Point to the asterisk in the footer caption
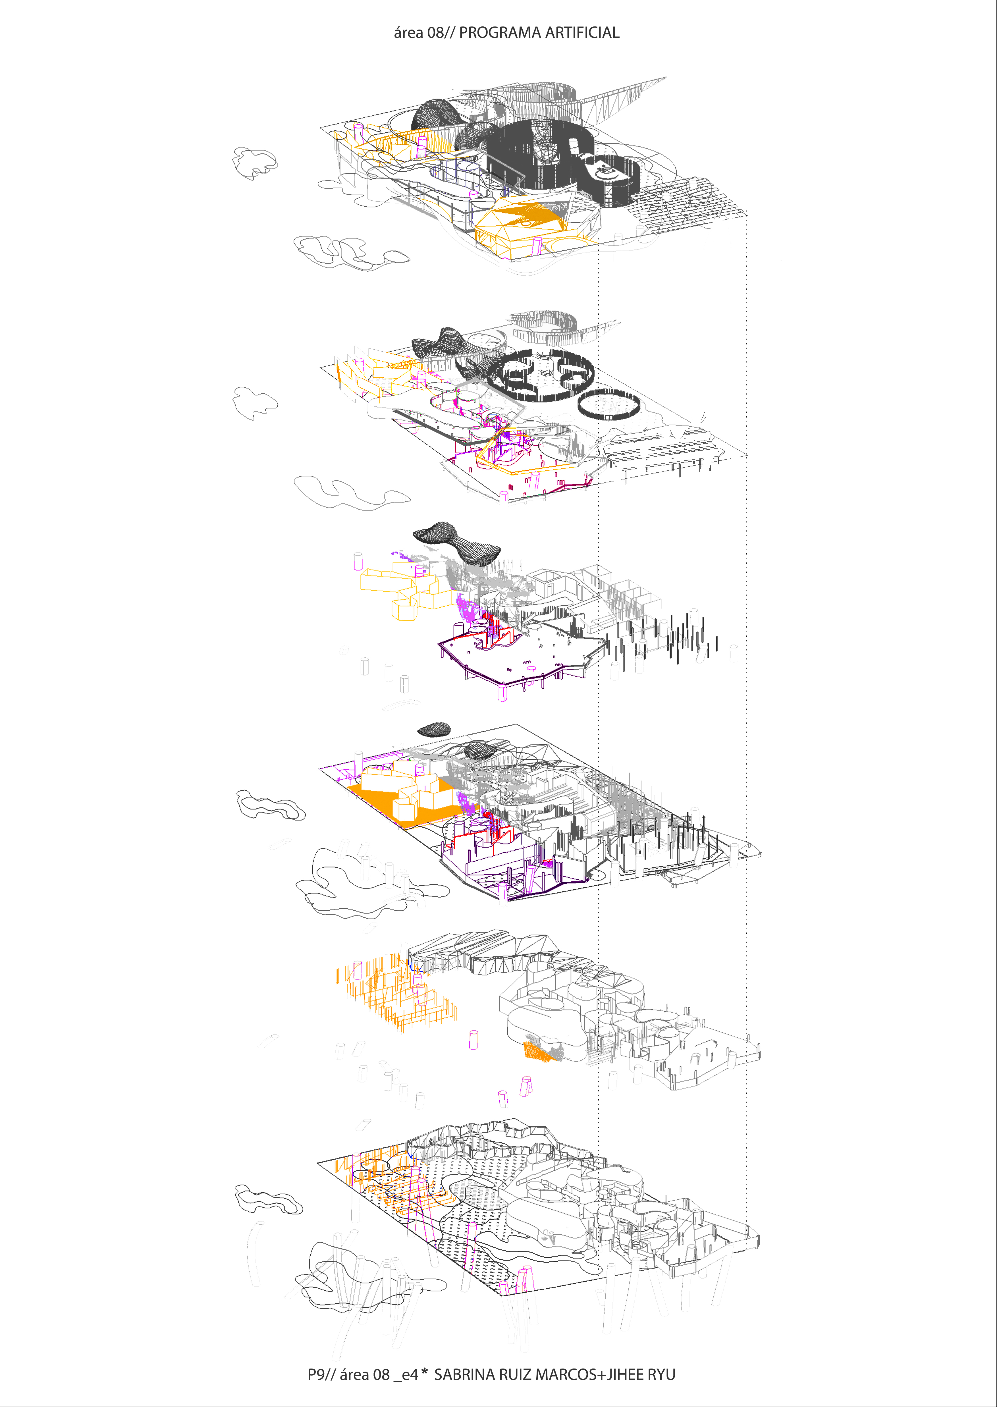(x=424, y=1372)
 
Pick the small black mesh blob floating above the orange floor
(x=433, y=730)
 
